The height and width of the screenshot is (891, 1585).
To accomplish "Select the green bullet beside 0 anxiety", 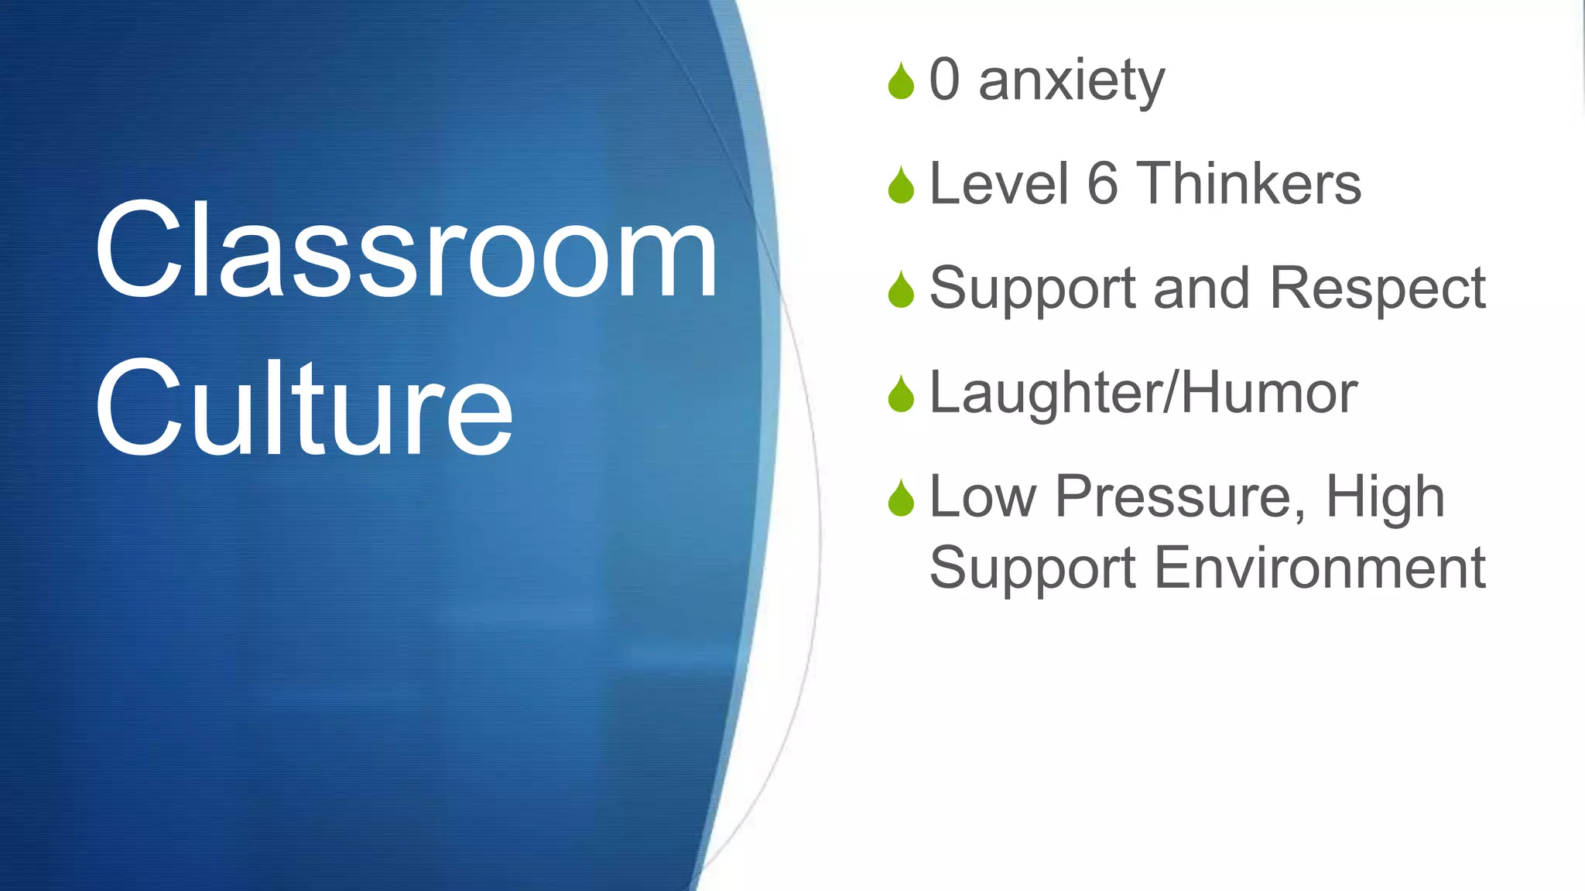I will [901, 81].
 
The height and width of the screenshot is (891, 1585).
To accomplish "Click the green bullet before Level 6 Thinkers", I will [901, 186].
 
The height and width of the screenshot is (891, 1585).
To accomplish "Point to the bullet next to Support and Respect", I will [901, 290].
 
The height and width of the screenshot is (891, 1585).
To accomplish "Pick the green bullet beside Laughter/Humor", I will [901, 394].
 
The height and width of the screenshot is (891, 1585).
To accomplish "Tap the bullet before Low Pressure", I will [901, 498].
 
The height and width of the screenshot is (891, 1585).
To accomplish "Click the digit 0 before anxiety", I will [944, 80].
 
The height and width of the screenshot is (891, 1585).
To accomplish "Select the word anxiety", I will [1072, 81].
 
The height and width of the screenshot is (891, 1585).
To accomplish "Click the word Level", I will [998, 184].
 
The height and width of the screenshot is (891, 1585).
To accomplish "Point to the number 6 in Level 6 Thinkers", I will [1103, 184].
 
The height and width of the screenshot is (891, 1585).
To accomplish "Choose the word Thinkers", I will [1248, 184].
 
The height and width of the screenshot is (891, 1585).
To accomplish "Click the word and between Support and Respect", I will [1201, 288].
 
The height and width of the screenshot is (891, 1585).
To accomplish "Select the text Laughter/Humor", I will [1143, 394].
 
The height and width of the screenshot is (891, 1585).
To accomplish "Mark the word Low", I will [982, 497].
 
